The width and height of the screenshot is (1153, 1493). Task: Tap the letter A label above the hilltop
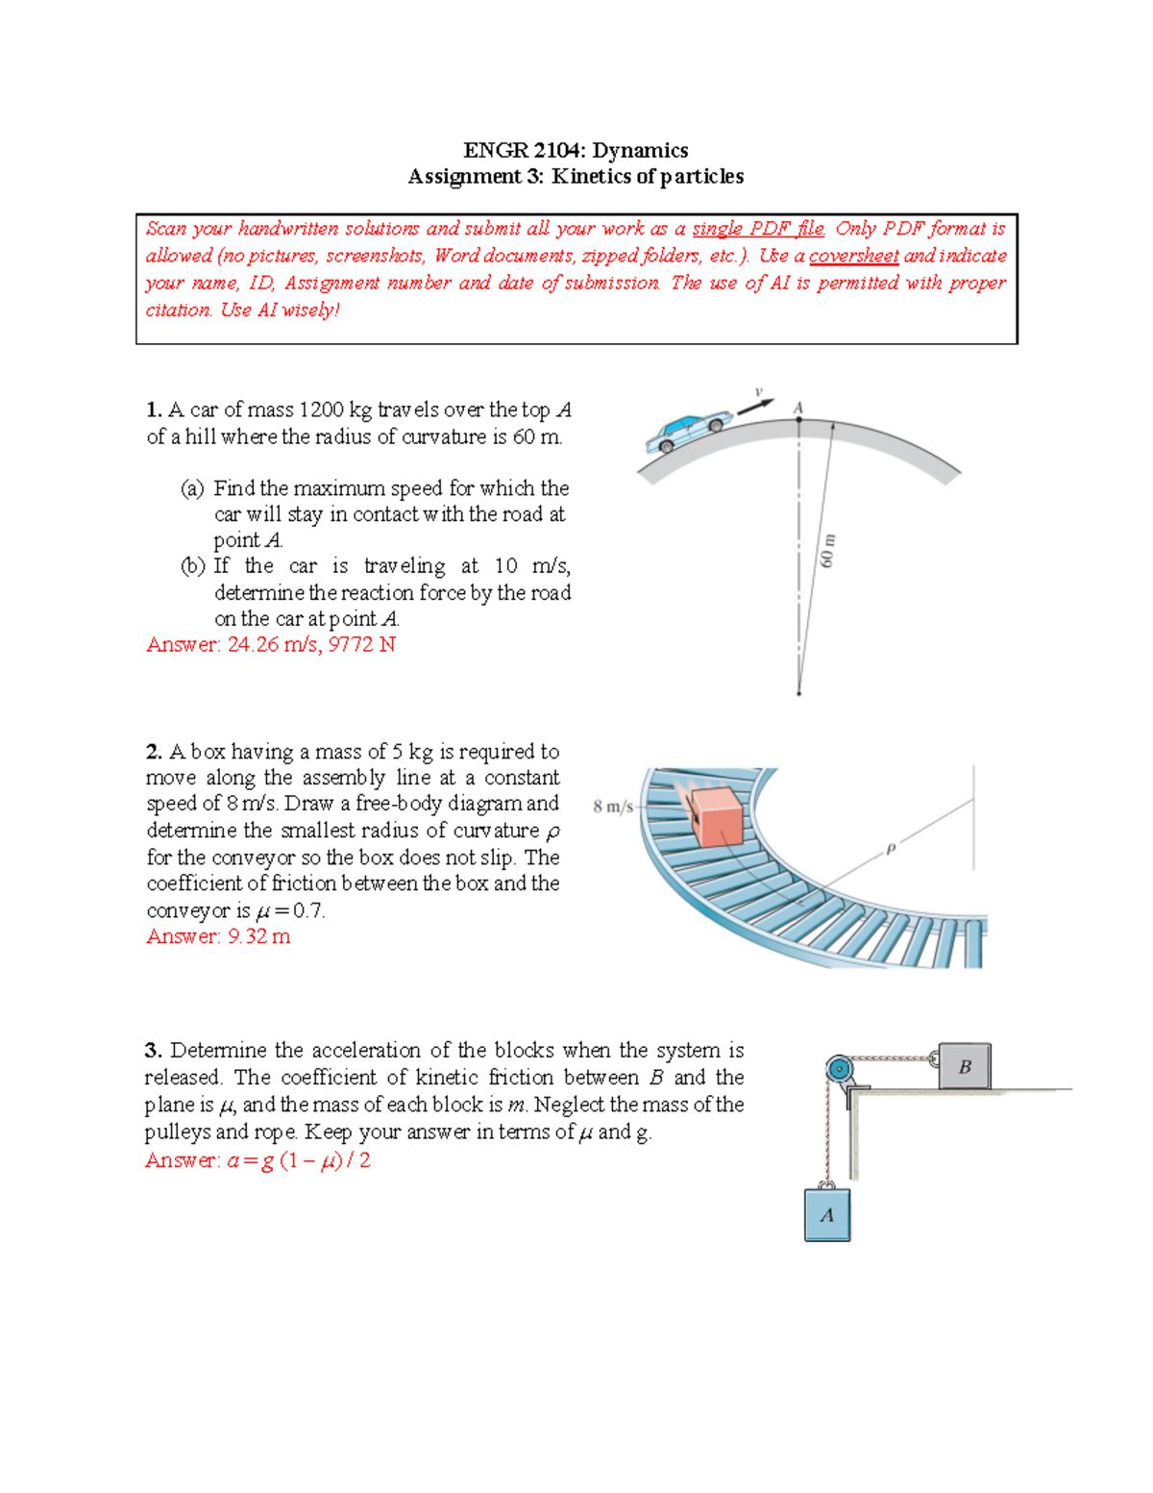tap(797, 408)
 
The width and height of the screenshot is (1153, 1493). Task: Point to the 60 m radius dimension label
tap(828, 550)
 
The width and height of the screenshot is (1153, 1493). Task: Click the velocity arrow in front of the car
tap(755, 406)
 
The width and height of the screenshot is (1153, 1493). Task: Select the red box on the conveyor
tap(717, 816)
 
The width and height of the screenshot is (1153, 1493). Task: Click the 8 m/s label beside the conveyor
tap(613, 806)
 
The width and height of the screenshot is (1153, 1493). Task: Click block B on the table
tap(965, 1065)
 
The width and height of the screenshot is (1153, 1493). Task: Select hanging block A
tap(827, 1215)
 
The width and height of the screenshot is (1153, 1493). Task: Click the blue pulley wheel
tap(839, 1069)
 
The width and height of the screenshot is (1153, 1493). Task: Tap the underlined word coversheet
tap(853, 257)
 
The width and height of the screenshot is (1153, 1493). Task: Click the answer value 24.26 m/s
tap(274, 644)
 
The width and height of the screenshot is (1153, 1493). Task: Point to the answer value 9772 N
tap(362, 644)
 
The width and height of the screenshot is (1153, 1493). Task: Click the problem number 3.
tap(153, 1050)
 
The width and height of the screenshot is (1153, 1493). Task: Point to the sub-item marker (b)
tap(193, 566)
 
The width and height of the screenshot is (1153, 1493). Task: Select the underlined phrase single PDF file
tap(757, 229)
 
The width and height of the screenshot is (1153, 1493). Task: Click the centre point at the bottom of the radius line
tap(798, 693)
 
